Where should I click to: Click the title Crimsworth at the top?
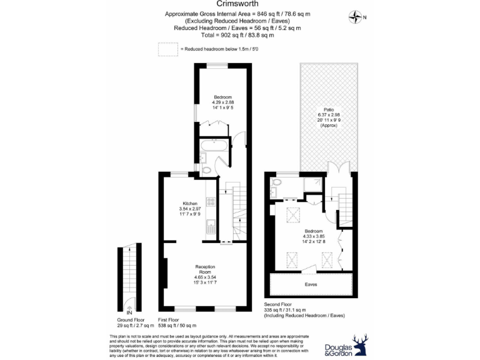click(239, 4)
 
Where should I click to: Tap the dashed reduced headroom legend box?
click(168, 49)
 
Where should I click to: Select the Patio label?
click(328, 110)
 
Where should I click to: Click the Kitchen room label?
click(190, 203)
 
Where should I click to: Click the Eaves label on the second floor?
click(311, 284)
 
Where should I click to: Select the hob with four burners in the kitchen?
click(211, 201)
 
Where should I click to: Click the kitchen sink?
click(211, 223)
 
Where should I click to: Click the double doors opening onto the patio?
click(337, 169)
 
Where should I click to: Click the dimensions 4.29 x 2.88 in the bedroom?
click(223, 102)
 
